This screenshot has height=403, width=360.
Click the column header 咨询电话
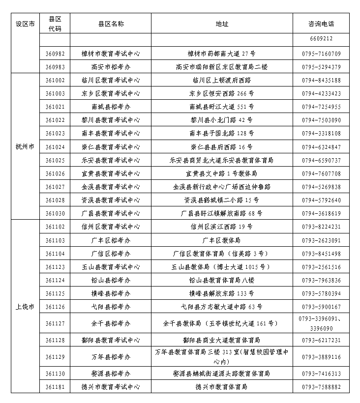point(321,24)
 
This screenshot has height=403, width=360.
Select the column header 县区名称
point(111,24)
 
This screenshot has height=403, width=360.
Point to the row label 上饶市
point(25,307)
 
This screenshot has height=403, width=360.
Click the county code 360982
point(55,54)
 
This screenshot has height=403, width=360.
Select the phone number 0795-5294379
point(321,67)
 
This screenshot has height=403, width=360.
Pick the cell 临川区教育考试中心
point(111,80)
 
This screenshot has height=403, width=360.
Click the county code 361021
point(55,107)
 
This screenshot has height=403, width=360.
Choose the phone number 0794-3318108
point(321,133)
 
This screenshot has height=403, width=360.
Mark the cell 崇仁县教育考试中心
point(111,147)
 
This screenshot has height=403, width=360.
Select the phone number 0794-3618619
point(321,213)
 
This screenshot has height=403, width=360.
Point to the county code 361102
point(55,227)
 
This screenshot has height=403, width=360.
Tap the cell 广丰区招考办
point(111,240)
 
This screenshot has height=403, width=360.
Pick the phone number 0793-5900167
point(321,307)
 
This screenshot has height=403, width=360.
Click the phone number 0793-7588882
point(321,387)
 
